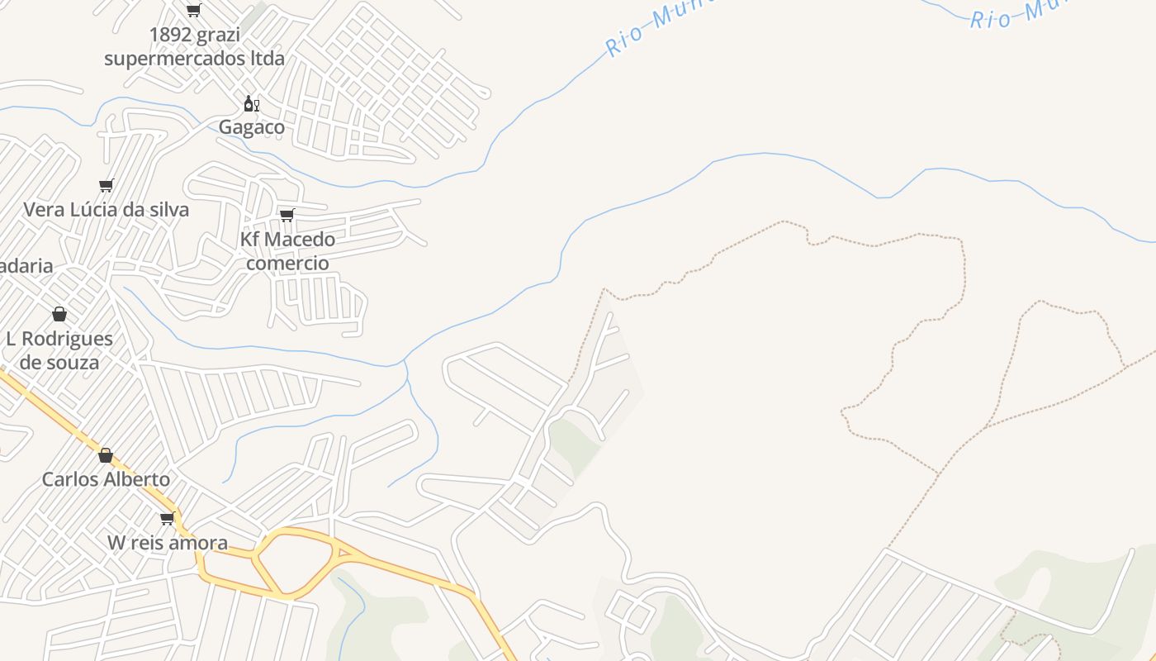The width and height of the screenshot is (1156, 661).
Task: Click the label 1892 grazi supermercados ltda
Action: pos(194,46)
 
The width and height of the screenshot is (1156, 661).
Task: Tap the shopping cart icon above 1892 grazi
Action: pos(193,11)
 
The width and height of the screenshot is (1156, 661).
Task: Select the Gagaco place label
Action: pos(252,126)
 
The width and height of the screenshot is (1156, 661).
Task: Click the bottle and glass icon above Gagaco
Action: pos(251,104)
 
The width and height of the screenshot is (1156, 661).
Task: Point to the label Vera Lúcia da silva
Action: pos(106,209)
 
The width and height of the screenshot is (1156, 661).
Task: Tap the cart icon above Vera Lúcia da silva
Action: pos(106,185)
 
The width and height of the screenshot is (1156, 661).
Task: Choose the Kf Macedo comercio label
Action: pos(287,250)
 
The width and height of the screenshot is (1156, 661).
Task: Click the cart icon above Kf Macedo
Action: pos(287,215)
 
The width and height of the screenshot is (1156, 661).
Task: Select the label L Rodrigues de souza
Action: pos(59,350)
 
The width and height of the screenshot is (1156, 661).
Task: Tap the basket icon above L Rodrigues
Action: pos(59,314)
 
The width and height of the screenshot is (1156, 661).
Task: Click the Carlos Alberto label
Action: pos(106,479)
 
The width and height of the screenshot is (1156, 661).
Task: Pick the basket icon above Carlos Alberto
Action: pos(106,455)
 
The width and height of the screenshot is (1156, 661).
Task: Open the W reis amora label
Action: pos(168,543)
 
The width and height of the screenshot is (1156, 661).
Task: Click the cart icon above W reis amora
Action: pos(168,518)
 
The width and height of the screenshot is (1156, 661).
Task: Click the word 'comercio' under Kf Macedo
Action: pos(287,263)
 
